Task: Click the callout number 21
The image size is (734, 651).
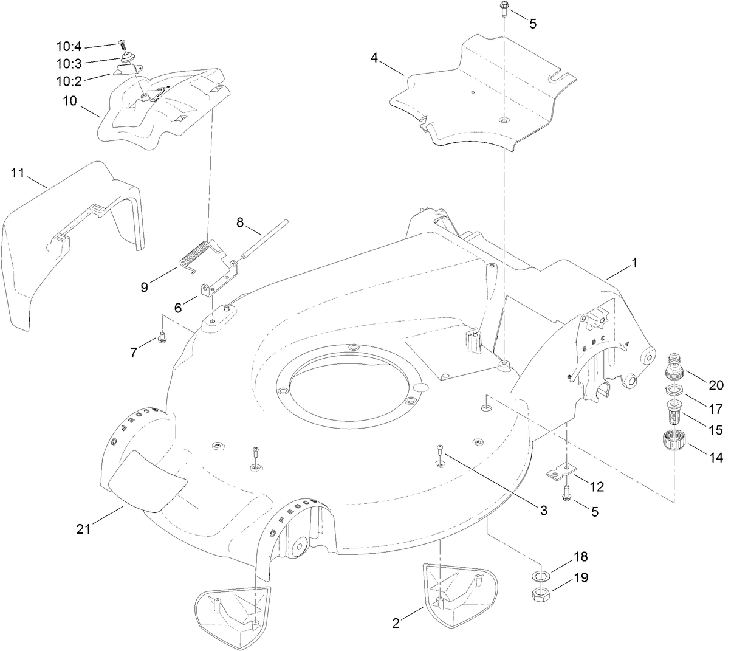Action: [x=83, y=529]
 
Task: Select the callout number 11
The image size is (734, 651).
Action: [x=17, y=173]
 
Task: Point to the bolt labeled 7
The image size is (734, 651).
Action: [x=162, y=337]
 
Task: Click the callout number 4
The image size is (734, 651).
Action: [x=374, y=58]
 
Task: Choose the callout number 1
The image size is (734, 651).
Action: [x=634, y=263]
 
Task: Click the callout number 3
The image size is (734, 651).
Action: [x=543, y=511]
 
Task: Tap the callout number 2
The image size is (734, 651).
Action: [x=396, y=623]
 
